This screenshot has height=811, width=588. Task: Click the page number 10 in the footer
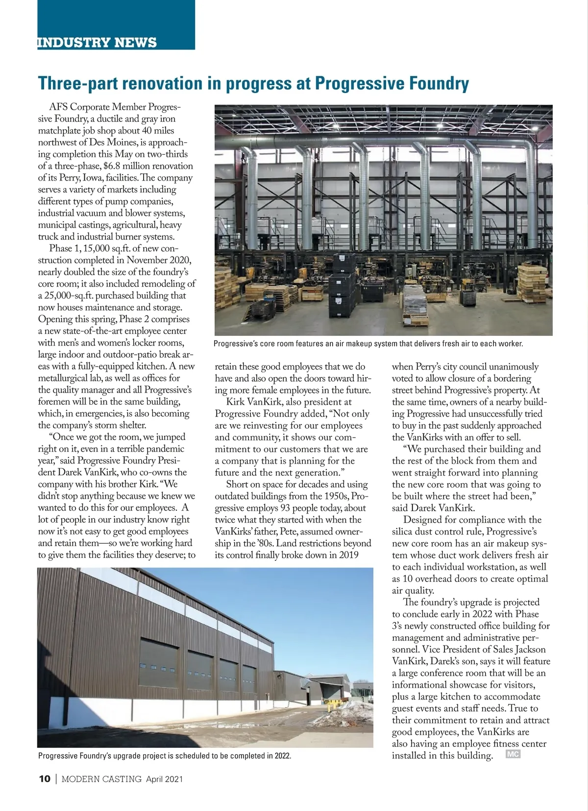(44, 779)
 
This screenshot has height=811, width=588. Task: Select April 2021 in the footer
(164, 779)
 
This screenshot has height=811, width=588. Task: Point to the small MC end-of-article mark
(513, 754)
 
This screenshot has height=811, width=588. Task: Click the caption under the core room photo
(368, 344)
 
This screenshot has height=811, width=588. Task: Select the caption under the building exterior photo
(165, 756)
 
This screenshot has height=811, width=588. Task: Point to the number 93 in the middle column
(285, 508)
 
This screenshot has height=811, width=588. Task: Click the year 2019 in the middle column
(348, 555)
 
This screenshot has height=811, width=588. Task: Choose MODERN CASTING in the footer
(101, 779)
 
